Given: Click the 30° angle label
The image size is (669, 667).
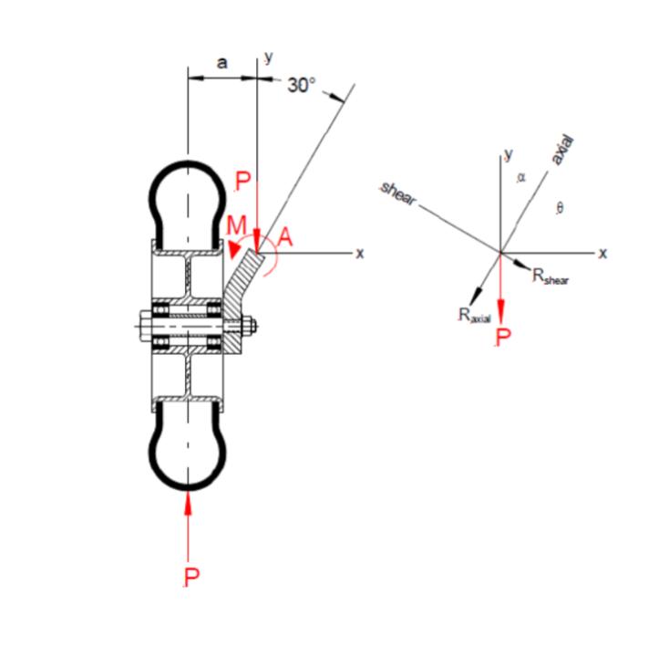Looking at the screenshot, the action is tap(302, 86).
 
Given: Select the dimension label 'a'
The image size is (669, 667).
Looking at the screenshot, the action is tap(221, 63).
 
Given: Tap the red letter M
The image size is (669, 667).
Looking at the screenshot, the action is tap(236, 225).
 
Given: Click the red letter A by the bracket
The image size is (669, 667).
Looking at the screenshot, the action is tap(285, 237).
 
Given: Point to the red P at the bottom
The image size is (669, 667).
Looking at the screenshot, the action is tap(191, 578).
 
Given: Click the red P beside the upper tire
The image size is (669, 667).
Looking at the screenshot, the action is tap(242, 182).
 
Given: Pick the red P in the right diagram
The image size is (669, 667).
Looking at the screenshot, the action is tap(502, 337).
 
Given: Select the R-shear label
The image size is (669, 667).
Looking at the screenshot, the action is tap(551, 276).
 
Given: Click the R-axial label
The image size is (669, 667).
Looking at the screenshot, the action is tap(475, 315).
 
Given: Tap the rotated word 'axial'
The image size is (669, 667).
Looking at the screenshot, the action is tap(562, 151).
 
